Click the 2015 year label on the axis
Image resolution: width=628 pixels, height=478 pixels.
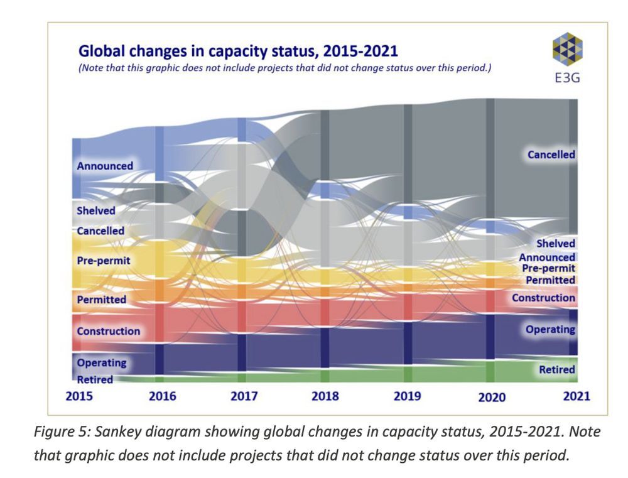[80, 396]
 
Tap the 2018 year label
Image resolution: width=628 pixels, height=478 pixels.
[325, 396]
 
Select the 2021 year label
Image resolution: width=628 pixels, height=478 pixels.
[576, 396]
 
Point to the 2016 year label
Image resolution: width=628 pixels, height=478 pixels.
[162, 396]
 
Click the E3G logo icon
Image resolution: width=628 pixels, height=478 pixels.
[566, 48]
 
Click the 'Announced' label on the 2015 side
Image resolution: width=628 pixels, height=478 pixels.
[105, 166]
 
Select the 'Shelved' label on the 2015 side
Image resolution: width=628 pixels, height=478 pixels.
[96, 210]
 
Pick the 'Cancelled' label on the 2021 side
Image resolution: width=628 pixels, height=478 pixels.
[551, 155]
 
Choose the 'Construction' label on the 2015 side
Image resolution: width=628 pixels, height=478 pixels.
[108, 331]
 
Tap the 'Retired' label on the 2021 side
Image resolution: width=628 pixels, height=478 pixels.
[557, 370]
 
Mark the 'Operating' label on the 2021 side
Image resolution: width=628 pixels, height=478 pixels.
[550, 329]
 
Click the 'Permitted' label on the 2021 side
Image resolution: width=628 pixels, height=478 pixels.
[550, 280]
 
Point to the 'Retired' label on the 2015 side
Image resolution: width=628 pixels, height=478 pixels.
[95, 379]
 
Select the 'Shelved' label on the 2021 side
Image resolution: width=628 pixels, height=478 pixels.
[555, 244]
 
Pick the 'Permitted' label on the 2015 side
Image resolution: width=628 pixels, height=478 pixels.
[101, 300]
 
